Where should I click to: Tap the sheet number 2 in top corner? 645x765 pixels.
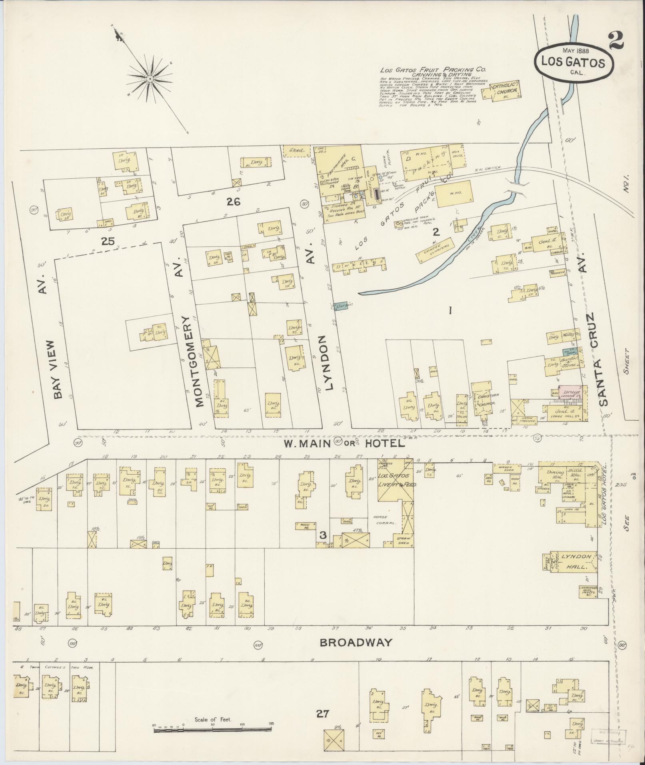point(616,41)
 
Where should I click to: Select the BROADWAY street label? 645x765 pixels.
point(355,642)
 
